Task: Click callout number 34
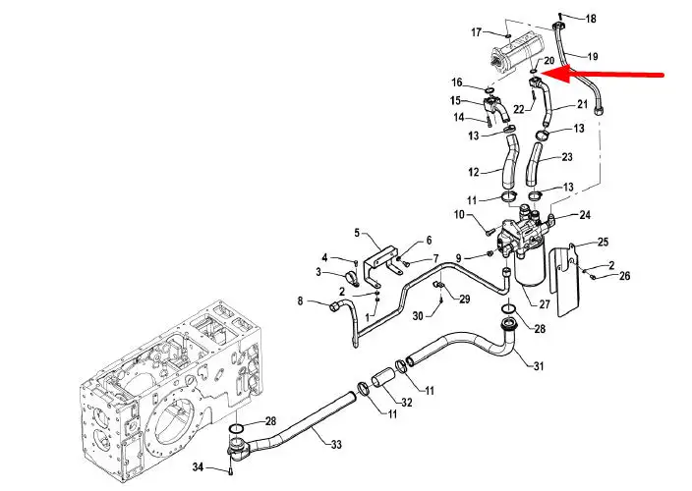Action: click(x=198, y=466)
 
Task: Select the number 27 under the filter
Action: click(x=545, y=304)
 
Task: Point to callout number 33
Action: click(x=336, y=445)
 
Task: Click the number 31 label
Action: click(x=539, y=366)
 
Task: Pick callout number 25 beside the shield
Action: click(x=603, y=242)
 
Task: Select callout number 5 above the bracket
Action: click(x=357, y=233)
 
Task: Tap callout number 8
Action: click(x=300, y=301)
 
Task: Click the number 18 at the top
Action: click(x=591, y=19)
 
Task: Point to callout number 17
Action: click(x=476, y=32)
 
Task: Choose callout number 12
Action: click(x=474, y=172)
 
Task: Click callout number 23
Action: click(x=567, y=157)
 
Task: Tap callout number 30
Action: click(x=418, y=315)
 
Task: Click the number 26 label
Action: click(x=624, y=276)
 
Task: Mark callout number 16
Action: click(x=457, y=82)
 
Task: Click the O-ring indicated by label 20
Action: click(x=534, y=72)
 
